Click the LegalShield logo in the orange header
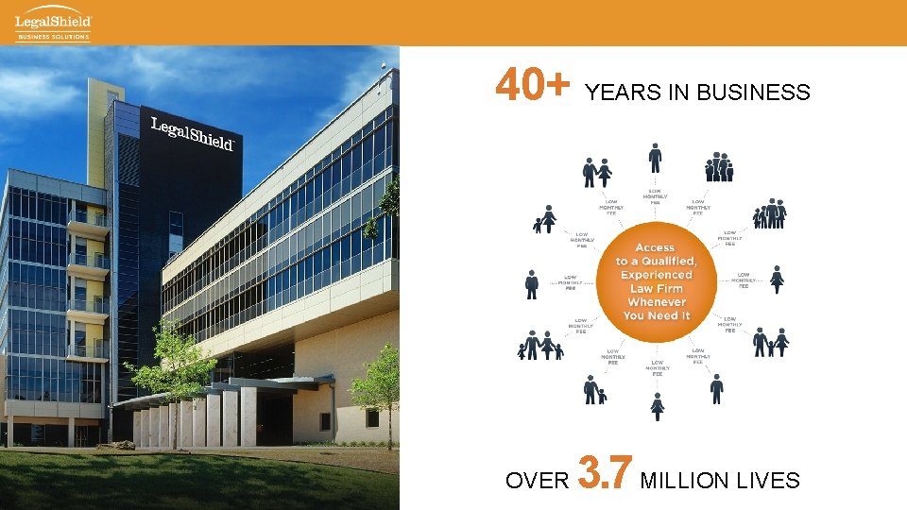click(53, 20)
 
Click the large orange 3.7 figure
click(604, 475)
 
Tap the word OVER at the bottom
click(537, 481)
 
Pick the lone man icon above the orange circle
click(655, 157)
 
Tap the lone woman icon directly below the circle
click(658, 406)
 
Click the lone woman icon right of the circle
click(778, 280)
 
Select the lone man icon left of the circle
click(532, 283)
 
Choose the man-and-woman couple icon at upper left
click(596, 173)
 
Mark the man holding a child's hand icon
click(594, 389)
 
